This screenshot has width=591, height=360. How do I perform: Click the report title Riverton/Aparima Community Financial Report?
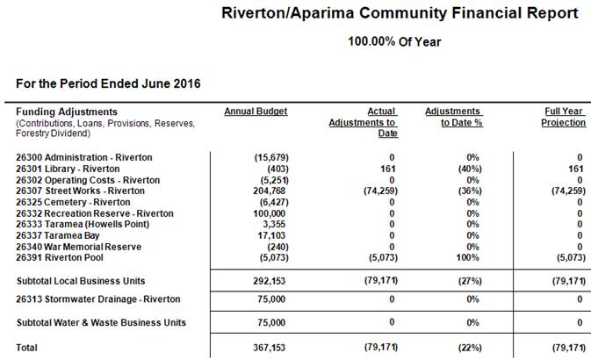click(x=400, y=13)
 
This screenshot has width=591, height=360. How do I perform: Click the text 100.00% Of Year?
click(x=394, y=41)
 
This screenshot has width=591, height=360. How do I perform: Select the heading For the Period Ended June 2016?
click(x=108, y=83)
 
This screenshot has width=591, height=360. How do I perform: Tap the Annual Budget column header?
click(x=256, y=112)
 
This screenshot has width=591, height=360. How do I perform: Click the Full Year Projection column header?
click(x=563, y=117)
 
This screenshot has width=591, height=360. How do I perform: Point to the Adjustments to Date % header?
click(x=452, y=117)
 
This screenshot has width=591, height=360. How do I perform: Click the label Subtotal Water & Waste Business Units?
click(x=101, y=322)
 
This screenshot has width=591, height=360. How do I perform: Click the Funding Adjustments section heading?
click(x=66, y=112)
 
